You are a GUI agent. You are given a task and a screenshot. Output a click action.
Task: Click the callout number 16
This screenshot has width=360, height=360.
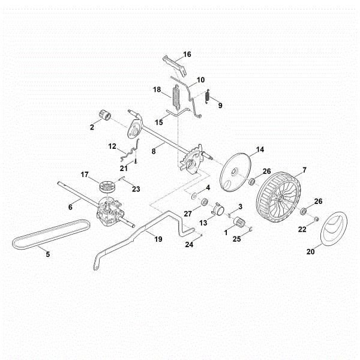(x=187, y=54)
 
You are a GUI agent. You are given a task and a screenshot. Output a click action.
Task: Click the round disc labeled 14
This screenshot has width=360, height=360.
(x=235, y=172)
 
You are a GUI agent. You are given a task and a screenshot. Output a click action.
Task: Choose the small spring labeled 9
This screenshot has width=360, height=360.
(x=204, y=96)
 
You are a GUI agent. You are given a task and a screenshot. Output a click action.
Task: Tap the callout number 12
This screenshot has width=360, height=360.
(x=112, y=146)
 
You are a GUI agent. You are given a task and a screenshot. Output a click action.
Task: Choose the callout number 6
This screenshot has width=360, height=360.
(x=70, y=207)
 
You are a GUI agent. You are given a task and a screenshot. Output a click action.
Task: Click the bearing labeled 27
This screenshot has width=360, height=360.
(x=204, y=202)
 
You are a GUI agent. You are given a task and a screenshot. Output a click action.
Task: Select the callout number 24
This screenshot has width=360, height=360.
(x=189, y=245)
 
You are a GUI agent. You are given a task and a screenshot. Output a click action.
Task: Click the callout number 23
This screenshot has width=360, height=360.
(x=136, y=189)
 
